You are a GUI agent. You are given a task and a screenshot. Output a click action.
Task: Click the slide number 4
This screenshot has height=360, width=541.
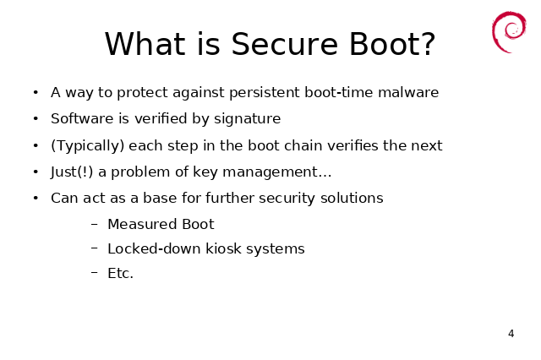pos(511,334)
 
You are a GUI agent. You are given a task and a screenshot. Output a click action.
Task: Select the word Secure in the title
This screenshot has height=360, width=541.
pos(284,44)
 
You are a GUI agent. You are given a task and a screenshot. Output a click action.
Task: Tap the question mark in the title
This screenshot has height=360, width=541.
pos(428,44)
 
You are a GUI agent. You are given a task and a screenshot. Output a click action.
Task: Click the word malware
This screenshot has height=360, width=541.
pos(408,92)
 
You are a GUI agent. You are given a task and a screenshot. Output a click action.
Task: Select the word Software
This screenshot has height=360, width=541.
pos(82,118)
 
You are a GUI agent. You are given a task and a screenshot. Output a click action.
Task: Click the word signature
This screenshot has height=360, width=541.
pos(248,119)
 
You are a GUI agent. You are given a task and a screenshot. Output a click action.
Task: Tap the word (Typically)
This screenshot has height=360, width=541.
pos(88,146)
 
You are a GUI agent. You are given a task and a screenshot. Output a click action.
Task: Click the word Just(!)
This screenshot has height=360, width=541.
pos(72,172)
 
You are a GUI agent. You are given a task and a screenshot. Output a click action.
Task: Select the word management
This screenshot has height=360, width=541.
pos(270,172)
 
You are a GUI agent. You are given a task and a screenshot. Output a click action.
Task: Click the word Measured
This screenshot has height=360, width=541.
pos(143,224)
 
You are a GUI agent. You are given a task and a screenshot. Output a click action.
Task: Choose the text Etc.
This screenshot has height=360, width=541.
pos(120,273)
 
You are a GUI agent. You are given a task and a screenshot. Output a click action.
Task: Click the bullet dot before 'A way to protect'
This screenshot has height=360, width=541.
pos(36,92)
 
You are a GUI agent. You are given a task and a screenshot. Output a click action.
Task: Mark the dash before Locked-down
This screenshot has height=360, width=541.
pos(95,248)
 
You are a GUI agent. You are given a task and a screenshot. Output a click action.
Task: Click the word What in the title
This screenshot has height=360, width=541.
pos(145,44)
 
